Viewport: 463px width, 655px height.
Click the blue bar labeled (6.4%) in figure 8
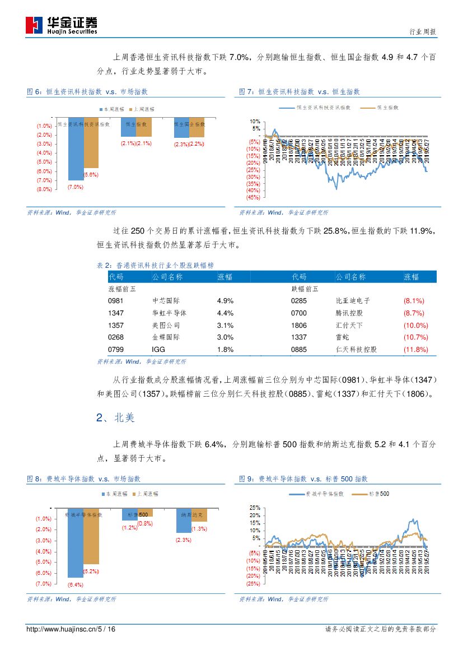click(76, 543)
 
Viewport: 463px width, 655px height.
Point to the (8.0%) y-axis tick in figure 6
click(44, 189)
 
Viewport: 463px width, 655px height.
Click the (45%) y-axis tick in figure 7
click(252, 197)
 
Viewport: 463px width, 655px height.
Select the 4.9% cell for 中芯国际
click(225, 301)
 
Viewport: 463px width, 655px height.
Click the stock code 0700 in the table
click(299, 313)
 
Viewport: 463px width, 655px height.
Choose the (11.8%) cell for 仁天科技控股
click(415, 350)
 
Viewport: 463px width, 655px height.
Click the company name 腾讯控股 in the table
click(349, 313)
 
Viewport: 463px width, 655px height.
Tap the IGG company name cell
click(158, 350)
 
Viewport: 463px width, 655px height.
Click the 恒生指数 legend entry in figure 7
click(382, 106)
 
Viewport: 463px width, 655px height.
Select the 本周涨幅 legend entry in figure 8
click(113, 494)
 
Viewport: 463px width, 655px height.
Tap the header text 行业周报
click(423, 32)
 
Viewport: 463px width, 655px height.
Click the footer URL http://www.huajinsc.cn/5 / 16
click(71, 629)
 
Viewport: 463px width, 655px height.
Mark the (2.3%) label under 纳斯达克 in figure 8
click(183, 540)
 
